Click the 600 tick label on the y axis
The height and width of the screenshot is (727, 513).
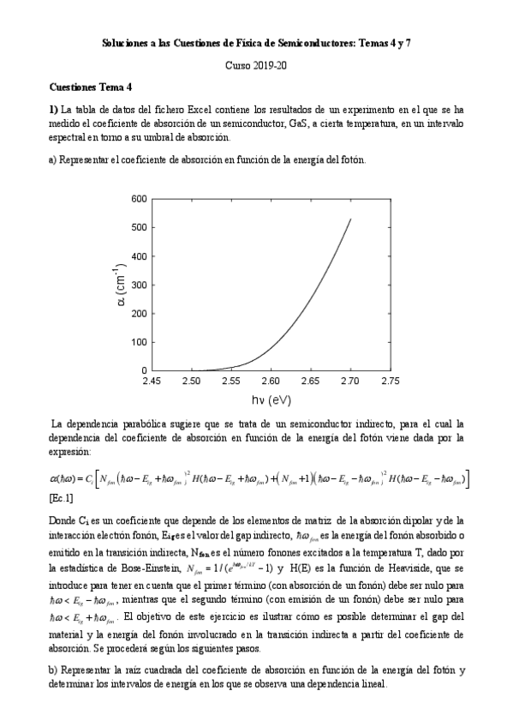pyautogui.click(x=137, y=199)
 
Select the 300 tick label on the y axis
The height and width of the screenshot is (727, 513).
pyautogui.click(x=137, y=285)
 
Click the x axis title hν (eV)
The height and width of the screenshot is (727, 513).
pyautogui.click(x=271, y=400)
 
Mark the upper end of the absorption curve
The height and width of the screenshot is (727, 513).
pyautogui.click(x=350, y=219)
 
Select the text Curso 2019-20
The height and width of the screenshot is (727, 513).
pyautogui.click(x=256, y=65)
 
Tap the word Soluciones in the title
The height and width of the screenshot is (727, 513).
pyautogui.click(x=126, y=42)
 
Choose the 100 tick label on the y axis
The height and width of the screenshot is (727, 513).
pyautogui.click(x=137, y=342)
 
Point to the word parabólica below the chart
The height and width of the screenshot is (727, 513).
pyautogui.click(x=134, y=423)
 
